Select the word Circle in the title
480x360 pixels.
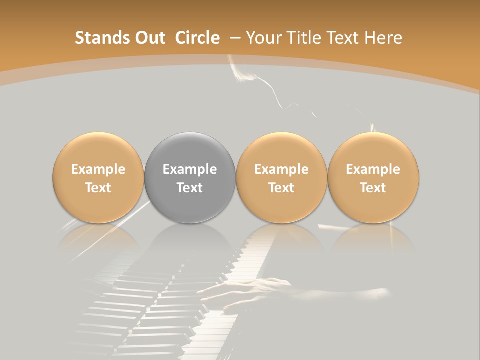pyautogui.click(x=197, y=38)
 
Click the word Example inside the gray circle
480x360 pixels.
pyautogui.click(x=190, y=169)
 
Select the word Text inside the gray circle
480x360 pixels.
pyautogui.click(x=190, y=188)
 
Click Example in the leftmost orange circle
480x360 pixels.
pyautogui.click(x=98, y=169)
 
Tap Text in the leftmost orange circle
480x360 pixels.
pyautogui.click(x=98, y=188)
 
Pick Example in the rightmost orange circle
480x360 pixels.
pyautogui.click(x=373, y=169)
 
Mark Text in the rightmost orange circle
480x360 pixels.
pyautogui.click(x=373, y=188)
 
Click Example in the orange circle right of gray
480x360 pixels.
pyautogui.click(x=281, y=169)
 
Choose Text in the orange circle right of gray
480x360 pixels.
pyautogui.click(x=281, y=188)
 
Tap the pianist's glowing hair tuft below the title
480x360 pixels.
pyautogui.click(x=245, y=75)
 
